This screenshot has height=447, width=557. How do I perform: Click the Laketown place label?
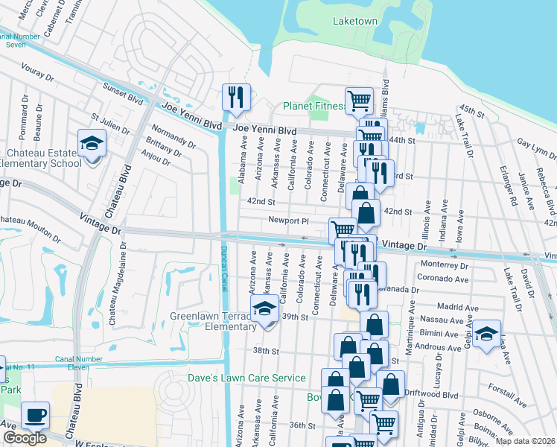(355, 21)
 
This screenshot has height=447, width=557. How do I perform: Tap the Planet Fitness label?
(313, 107)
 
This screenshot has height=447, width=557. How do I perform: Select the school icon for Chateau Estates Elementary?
(92, 145)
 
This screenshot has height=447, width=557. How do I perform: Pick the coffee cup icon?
(35, 414)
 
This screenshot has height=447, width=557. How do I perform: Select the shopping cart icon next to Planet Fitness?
(359, 100)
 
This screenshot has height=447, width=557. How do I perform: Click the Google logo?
(25, 438)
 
